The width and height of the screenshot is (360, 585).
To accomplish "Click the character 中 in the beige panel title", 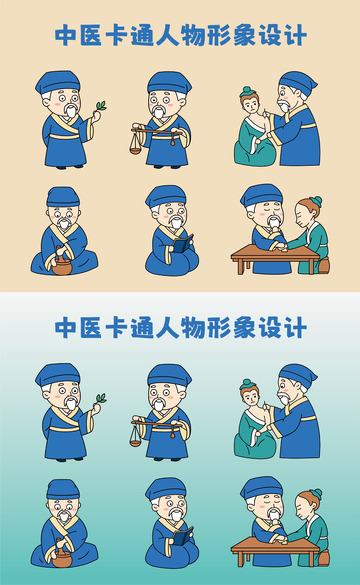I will [65, 37].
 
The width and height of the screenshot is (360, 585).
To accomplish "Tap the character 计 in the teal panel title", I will [294, 327].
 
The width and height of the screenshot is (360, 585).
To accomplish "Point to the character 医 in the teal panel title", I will [94, 327].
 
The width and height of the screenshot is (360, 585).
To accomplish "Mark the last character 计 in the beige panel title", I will [294, 37].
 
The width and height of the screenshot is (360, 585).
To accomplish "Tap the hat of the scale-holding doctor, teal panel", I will [168, 375].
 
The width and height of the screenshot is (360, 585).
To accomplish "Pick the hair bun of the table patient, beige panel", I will [315, 202].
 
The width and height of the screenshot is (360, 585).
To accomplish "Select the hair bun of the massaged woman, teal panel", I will [248, 384].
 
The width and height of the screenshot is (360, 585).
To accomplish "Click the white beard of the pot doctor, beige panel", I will [62, 229].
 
